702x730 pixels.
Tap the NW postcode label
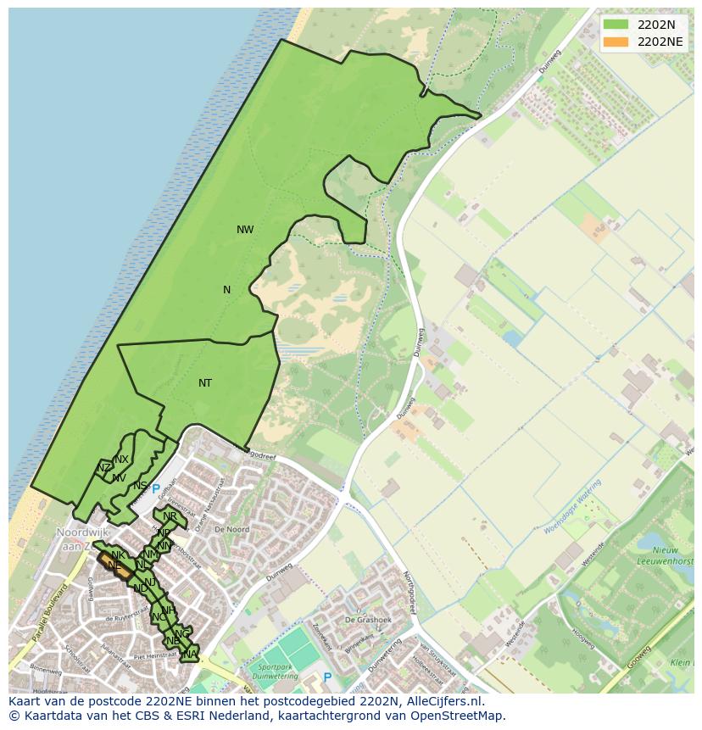[x=245, y=230]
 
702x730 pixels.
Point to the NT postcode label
[x=205, y=383]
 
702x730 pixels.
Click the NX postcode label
[x=121, y=460]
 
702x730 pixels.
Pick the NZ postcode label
[x=103, y=468]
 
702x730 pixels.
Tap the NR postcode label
[x=170, y=516]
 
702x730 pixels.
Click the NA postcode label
[x=190, y=654]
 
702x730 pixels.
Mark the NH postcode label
[x=169, y=610]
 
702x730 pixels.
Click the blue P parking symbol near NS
[x=156, y=489]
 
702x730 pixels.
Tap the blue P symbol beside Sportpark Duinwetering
[x=327, y=677]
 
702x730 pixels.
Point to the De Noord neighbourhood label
[x=231, y=529]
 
